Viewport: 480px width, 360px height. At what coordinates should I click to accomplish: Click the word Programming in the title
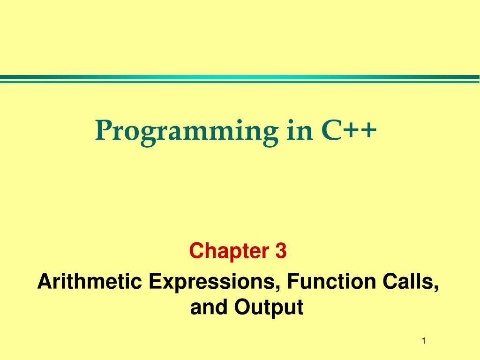(x=187, y=133)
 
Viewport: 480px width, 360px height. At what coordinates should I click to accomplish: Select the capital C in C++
(x=331, y=130)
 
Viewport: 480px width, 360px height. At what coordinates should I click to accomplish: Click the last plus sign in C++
(x=368, y=130)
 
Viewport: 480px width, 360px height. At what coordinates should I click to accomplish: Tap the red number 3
(x=281, y=251)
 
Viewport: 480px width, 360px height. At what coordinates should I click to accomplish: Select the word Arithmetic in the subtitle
(x=90, y=281)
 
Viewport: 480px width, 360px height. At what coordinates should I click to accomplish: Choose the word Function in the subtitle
(x=331, y=281)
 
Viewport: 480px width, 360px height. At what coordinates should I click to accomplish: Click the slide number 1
(x=424, y=341)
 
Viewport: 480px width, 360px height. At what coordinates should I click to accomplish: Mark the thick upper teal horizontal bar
(x=240, y=77)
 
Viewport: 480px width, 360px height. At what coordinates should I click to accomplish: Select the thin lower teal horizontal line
(x=240, y=82)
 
